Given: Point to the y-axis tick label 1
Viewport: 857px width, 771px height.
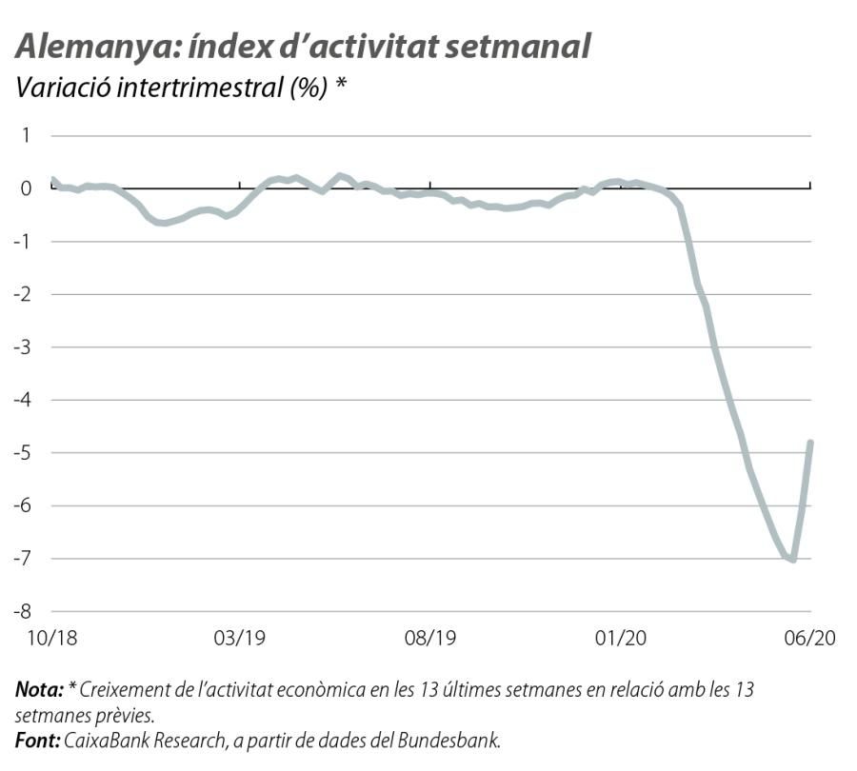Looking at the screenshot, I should click(26, 135).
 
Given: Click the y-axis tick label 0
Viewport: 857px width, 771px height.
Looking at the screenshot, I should click(26, 188).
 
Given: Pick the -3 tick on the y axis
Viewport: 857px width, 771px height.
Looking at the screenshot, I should click(22, 346).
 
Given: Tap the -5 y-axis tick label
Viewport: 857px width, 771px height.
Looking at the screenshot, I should click(22, 452).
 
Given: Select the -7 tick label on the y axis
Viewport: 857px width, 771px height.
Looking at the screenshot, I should click(22, 558).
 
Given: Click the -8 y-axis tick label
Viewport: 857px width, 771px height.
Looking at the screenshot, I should click(22, 611).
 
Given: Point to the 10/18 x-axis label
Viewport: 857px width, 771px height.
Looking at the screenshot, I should click(52, 639).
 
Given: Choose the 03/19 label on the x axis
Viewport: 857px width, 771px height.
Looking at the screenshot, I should click(241, 639).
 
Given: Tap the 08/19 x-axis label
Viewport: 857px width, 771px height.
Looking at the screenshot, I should click(430, 639).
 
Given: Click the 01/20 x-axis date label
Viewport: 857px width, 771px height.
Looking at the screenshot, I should click(620, 639).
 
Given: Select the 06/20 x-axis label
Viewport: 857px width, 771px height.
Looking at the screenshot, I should click(808, 639).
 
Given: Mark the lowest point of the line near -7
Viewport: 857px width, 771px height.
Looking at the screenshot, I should click(792, 560).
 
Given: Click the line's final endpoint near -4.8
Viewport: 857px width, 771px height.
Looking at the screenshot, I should click(810, 443).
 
